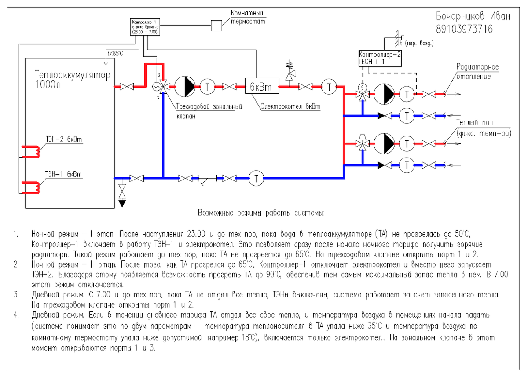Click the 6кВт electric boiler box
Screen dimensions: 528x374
point(262,86)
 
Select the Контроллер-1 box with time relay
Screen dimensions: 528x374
point(145,27)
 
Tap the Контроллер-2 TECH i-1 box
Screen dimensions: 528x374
point(380,59)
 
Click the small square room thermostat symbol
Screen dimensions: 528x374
point(216,26)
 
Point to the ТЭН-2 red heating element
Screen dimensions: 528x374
point(31,152)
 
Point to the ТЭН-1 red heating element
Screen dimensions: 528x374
point(31,187)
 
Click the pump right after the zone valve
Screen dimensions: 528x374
point(185,87)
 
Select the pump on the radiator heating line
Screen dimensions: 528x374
point(384,94)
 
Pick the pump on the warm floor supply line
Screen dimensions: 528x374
point(384,143)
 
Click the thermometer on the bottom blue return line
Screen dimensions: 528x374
point(256,178)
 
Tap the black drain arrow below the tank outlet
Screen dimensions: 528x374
point(122,204)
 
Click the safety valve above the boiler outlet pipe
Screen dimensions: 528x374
point(290,73)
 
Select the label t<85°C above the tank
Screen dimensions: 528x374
point(115,54)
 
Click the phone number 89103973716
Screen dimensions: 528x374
point(464,29)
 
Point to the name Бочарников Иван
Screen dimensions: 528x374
point(473,16)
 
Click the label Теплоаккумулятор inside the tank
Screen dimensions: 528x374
point(73,75)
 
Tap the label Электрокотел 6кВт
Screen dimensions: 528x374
point(290,106)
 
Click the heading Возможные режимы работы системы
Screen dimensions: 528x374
point(260,213)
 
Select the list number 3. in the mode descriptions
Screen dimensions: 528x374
point(16,295)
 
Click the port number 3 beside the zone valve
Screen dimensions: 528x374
point(158,98)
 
